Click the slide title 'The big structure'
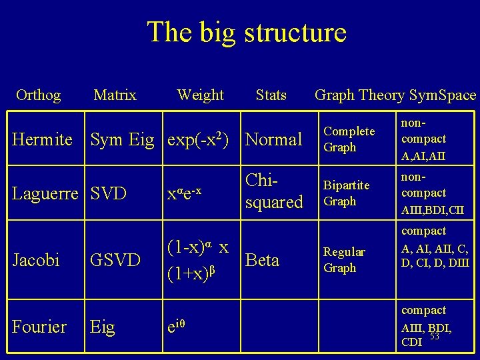point(247,32)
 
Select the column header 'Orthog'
point(38,95)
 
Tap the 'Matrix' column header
point(115,95)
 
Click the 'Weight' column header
point(200,95)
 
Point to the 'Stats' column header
point(271,95)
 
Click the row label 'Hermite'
point(43,140)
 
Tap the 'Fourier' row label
point(39,327)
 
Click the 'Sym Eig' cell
point(122,140)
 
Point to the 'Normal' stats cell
point(274,140)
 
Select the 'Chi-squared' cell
point(273,191)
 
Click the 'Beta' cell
point(262,260)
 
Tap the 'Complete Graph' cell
point(349,139)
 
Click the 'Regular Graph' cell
point(344,260)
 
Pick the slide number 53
point(435,336)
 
